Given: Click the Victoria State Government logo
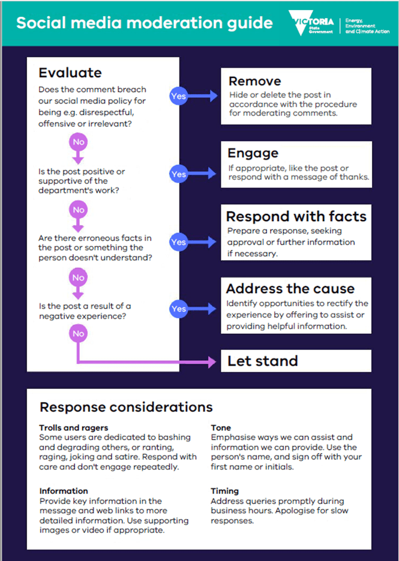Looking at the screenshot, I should pos(311,23).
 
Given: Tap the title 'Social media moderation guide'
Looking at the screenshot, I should pos(144,23).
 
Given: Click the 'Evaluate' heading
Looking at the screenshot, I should pos(70,73).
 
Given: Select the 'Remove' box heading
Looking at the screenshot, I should pos(254,82).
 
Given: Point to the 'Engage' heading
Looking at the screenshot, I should pos(253,153).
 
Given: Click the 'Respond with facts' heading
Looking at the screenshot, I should pos(296,216).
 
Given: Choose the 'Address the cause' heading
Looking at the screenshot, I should pos(290,288).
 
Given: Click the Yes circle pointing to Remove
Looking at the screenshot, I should pos(178,96).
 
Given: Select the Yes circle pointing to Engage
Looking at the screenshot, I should pos(178,174).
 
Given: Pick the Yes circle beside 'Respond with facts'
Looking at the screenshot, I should pos(178,242).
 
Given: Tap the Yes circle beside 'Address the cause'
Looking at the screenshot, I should pos(178,309).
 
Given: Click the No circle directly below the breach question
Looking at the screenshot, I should pos(78,142).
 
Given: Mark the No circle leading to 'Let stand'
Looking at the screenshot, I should pos(78,333).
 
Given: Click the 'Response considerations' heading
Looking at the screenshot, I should pos(126,408).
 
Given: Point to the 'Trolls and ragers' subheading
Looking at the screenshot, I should pos(74,428).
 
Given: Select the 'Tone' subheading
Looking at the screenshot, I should pos(221,428).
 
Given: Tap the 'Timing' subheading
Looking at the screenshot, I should pos(224,491).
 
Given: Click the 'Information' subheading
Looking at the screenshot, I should pos(64,491).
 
